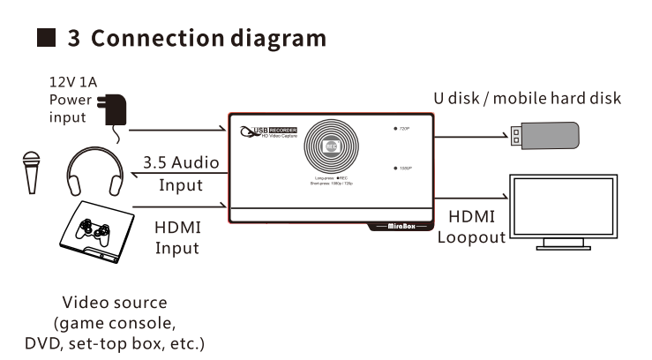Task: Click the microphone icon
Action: (32, 173)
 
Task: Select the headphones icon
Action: (94, 172)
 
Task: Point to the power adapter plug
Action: (114, 113)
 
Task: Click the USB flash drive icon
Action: (544, 136)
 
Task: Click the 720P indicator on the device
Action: (402, 129)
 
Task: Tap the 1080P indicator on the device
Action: (402, 168)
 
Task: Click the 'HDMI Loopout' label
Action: (472, 227)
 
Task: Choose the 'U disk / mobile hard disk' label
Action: (527, 98)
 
